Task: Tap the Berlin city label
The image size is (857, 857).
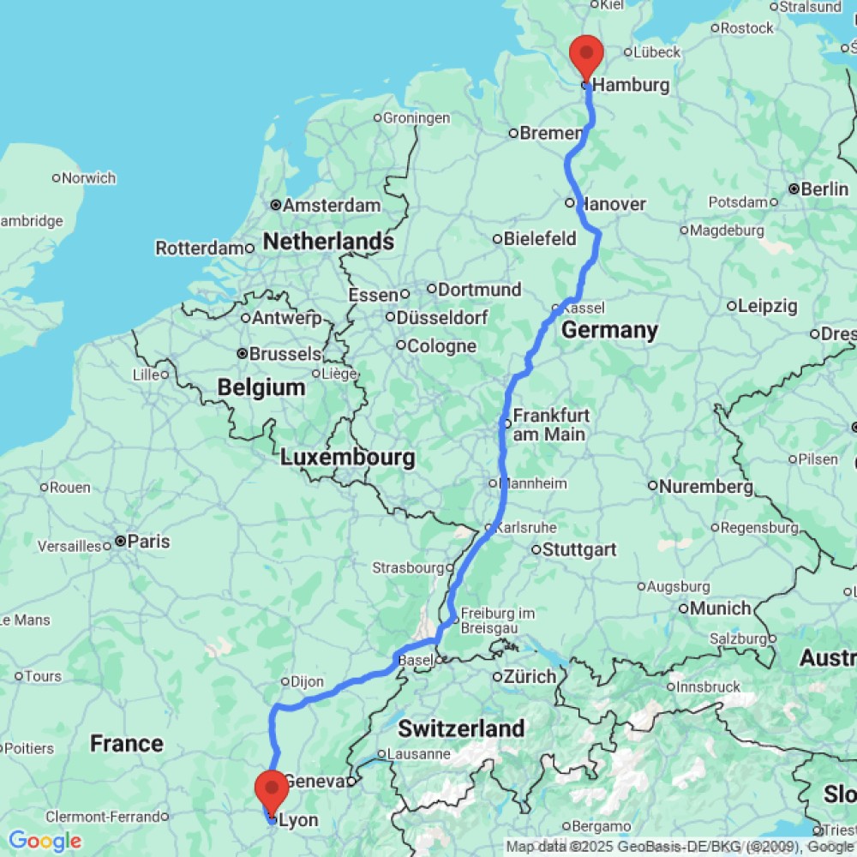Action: click(826, 189)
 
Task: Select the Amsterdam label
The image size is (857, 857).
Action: click(331, 206)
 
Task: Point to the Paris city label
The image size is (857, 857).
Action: click(149, 542)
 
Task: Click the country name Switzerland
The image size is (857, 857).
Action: click(461, 729)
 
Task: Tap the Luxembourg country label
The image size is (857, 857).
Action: click(348, 458)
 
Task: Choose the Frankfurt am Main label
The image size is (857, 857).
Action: click(551, 424)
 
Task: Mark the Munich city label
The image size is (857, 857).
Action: click(720, 608)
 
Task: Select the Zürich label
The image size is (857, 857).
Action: click(529, 677)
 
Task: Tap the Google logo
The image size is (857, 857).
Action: click(45, 842)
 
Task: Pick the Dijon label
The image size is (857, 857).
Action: click(307, 682)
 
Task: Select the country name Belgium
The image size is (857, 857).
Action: click(261, 387)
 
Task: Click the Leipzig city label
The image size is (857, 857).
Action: click(768, 306)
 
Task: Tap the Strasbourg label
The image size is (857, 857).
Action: click(408, 567)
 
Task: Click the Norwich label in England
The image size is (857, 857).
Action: click(88, 178)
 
